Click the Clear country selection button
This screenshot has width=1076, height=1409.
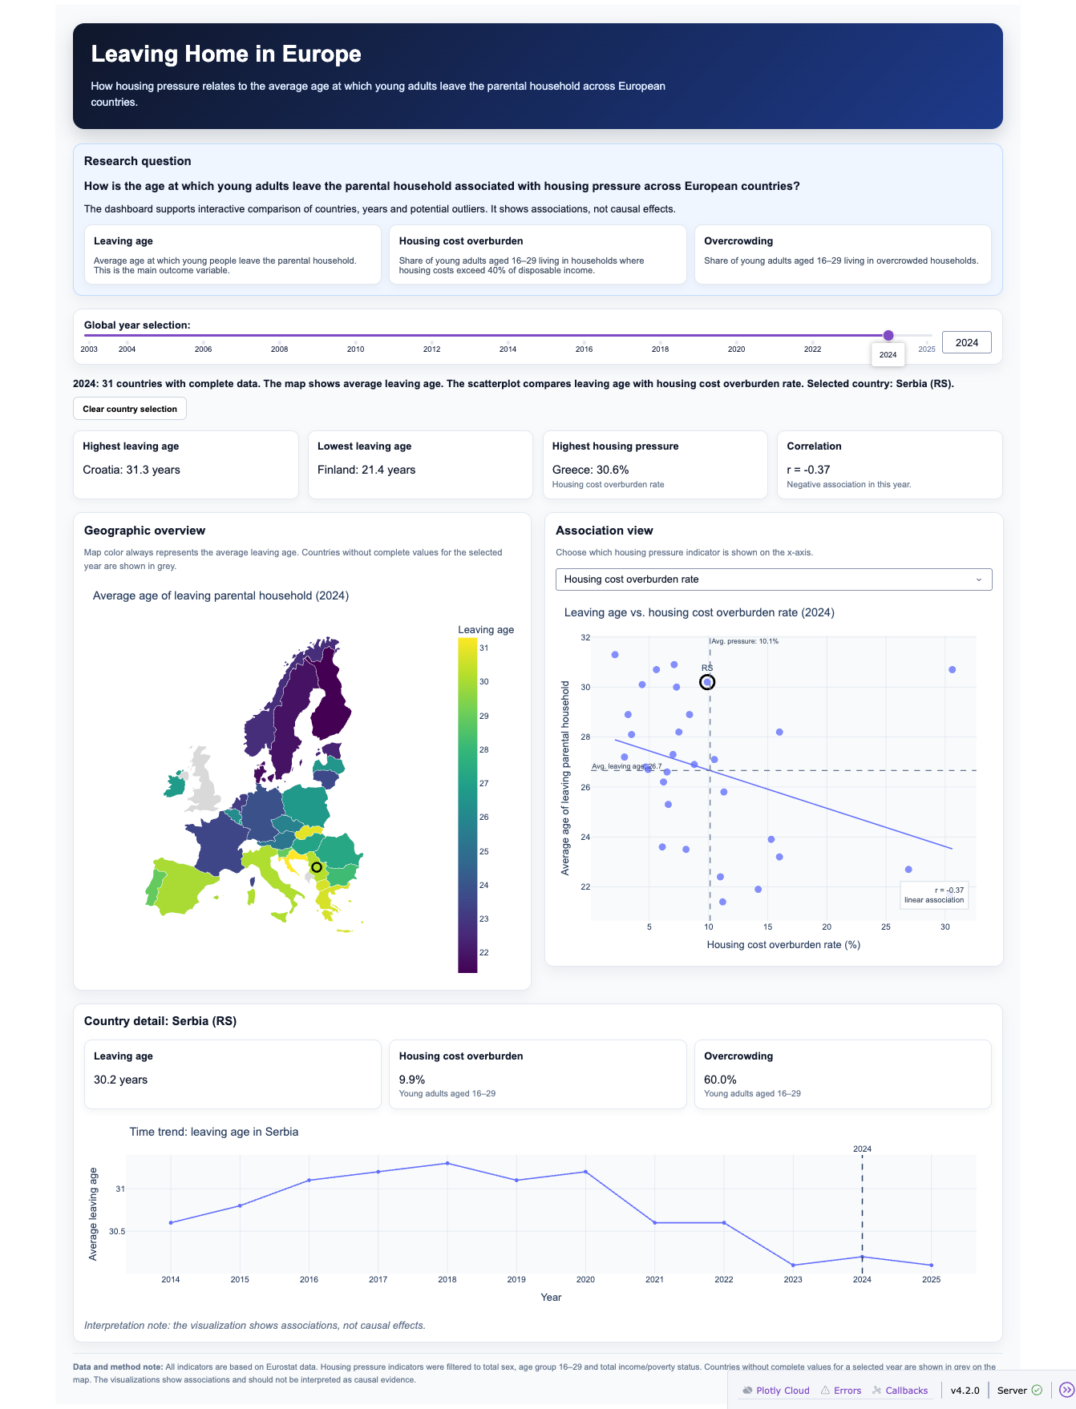click(130, 409)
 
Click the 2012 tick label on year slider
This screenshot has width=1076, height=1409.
click(431, 349)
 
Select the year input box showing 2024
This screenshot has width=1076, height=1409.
click(966, 342)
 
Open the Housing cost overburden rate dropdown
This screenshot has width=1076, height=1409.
click(774, 579)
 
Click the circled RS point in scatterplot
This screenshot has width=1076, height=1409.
click(707, 682)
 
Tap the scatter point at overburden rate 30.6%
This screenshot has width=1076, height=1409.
click(952, 669)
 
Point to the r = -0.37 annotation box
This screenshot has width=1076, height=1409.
click(934, 895)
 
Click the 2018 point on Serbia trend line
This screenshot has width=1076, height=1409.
click(447, 1163)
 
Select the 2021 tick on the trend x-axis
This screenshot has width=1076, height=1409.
click(654, 1279)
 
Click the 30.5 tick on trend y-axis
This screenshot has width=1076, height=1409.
click(117, 1231)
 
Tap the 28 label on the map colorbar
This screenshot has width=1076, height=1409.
click(483, 750)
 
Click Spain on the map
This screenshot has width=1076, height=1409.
click(184, 886)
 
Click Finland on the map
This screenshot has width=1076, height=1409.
click(330, 697)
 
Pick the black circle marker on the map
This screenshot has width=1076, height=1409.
click(317, 867)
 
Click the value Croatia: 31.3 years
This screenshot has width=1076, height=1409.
click(131, 470)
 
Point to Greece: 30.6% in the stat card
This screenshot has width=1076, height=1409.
click(590, 470)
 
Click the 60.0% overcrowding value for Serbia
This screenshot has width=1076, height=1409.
click(720, 1080)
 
